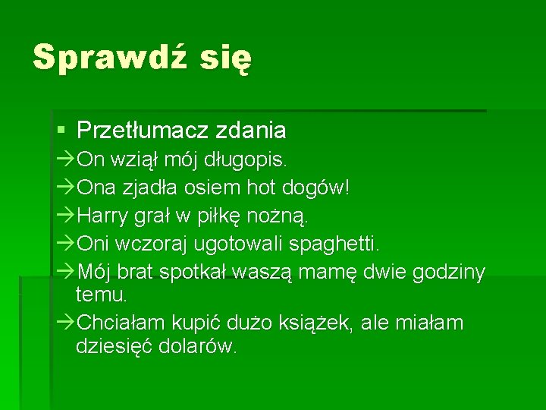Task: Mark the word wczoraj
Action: pos(155,244)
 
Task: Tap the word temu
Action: pos(101,293)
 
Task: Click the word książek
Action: pos(318,323)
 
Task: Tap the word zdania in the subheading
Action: pos(251,131)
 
